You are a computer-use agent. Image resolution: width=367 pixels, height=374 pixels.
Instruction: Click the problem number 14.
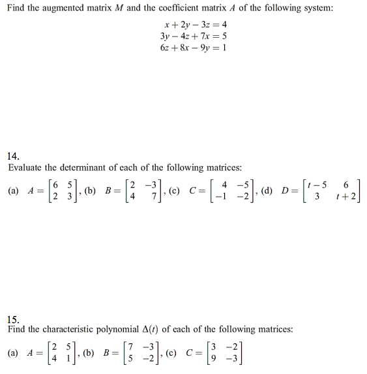[x=13, y=156]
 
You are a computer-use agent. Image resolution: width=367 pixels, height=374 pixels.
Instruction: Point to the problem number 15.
[x=13, y=319]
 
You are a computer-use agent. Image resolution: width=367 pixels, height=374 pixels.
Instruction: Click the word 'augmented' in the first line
[x=80, y=8]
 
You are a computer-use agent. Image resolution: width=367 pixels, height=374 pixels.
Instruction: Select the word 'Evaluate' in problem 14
[x=27, y=167]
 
